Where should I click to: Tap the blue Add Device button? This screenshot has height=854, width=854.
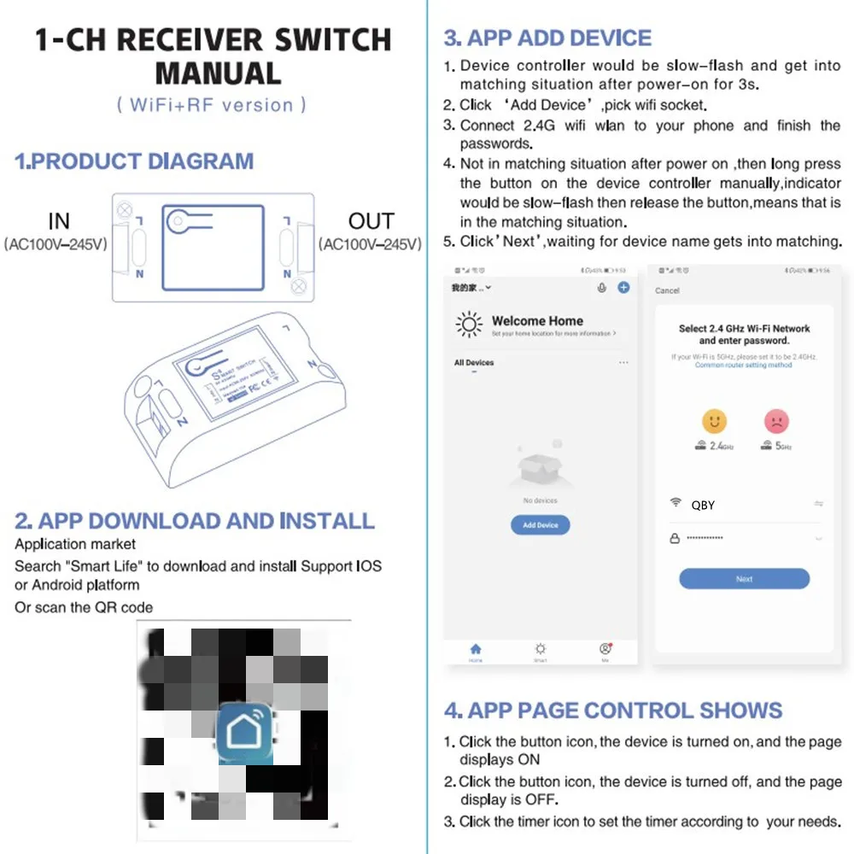[540, 525]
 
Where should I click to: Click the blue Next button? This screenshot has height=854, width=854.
[744, 579]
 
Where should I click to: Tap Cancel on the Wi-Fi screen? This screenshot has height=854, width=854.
[667, 290]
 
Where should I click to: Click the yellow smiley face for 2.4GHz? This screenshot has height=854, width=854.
[714, 421]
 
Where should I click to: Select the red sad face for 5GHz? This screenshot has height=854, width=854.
[776, 421]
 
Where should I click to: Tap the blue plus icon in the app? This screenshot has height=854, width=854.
[623, 288]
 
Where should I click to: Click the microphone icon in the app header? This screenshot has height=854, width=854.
[602, 288]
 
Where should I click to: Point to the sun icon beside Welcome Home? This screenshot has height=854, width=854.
[469, 325]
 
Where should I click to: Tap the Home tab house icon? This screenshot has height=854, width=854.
[476, 650]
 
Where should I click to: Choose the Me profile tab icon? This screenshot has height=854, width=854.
[605, 649]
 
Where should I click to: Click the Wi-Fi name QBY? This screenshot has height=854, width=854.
[703, 505]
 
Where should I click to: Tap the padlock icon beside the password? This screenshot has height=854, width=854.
[675, 538]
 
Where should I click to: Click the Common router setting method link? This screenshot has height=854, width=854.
[743, 365]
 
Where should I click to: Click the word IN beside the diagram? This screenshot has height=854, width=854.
[59, 221]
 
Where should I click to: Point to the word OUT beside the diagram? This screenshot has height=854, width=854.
[371, 221]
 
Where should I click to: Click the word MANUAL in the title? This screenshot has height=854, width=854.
[218, 73]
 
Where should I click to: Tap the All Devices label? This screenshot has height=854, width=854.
[474, 363]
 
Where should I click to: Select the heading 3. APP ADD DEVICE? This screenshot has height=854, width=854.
[547, 38]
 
